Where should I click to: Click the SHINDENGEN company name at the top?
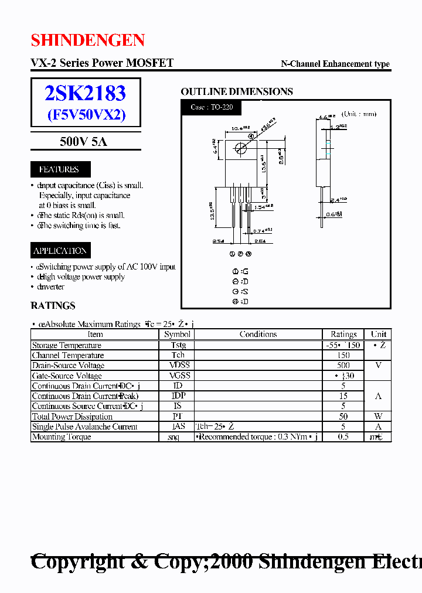88,40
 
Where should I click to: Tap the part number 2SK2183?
86,93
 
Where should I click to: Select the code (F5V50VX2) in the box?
86,114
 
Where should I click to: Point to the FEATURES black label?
59,169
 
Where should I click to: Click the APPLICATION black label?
60,251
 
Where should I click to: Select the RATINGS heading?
53,305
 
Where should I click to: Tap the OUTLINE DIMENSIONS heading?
237,91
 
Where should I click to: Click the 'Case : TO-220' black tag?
211,107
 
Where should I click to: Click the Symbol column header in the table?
177,334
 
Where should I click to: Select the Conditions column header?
258,334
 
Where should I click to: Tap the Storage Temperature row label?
66,345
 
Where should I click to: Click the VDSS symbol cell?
178,365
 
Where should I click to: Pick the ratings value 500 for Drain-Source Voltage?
343,365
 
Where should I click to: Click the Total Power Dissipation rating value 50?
343,416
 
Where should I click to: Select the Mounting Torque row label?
61,437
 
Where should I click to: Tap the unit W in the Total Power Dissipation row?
378,416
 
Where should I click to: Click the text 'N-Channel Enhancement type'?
335,64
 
